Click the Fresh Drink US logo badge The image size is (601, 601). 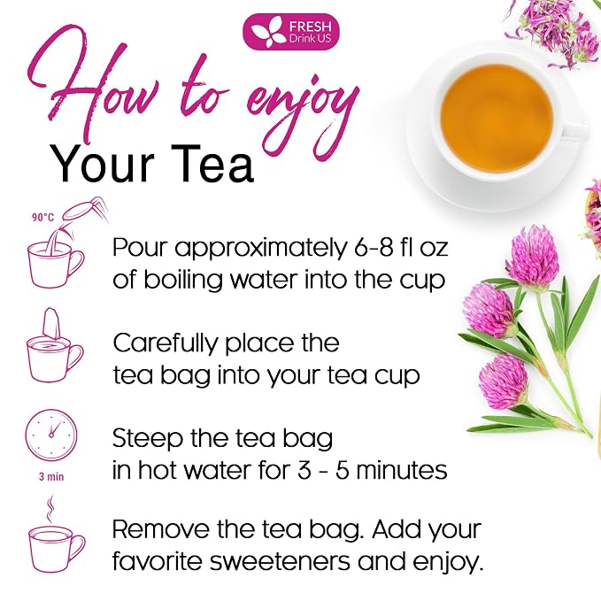[x=291, y=32]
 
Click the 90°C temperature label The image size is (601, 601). [x=42, y=218]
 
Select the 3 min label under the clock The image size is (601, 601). [x=51, y=477]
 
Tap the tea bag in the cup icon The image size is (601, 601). [x=51, y=325]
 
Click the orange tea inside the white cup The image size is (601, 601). [x=497, y=119]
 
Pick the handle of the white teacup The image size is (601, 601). [x=576, y=130]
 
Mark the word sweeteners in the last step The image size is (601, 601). [x=280, y=562]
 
